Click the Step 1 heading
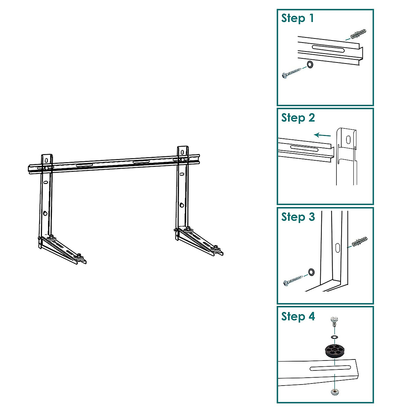tap(298, 18)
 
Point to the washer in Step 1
tap(310, 64)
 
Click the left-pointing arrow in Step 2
tap(322, 135)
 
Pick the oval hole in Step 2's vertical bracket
tap(348, 139)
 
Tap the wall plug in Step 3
tap(359, 242)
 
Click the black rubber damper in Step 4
tap(334, 351)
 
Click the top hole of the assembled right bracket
tap(182, 151)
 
